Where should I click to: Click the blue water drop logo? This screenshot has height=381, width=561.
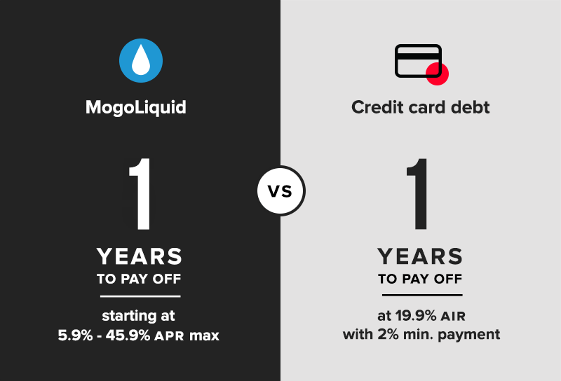[x=141, y=60]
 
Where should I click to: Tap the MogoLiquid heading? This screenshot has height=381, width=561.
[x=136, y=108]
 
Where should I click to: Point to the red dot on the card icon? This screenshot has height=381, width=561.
[x=437, y=74]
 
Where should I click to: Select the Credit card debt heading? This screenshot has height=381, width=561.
[x=420, y=107]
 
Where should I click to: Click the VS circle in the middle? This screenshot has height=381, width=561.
[x=281, y=190]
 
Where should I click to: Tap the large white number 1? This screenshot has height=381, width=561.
[x=140, y=195]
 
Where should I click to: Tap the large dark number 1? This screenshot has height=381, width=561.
[x=417, y=194]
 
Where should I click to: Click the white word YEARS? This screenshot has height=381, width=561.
[x=139, y=256]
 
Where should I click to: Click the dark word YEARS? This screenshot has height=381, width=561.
[x=420, y=256]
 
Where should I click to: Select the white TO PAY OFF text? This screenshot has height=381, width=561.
[x=139, y=279]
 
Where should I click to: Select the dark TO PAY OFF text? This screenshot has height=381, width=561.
[x=420, y=279]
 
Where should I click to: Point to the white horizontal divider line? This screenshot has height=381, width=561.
[x=140, y=296]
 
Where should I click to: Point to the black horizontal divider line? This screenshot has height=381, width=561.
[x=422, y=296]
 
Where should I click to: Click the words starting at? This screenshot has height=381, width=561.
[x=138, y=316]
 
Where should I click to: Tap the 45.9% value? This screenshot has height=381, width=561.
[x=128, y=335]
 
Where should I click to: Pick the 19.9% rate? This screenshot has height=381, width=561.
[x=416, y=316]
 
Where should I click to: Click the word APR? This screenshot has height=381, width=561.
[x=170, y=336]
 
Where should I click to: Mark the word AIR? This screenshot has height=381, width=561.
[x=453, y=317]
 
